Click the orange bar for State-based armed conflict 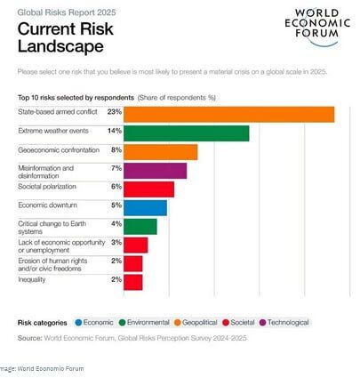pyautogui.click(x=229, y=115)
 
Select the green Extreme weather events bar pyautogui.click(x=187, y=133)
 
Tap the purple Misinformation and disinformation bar pyautogui.click(x=156, y=171)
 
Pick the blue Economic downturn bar pyautogui.click(x=145, y=208)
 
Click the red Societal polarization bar pyautogui.click(x=149, y=189)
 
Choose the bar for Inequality pyautogui.click(x=133, y=282)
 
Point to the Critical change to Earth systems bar pyautogui.click(x=140, y=227)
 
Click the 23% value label pyautogui.click(x=115, y=112)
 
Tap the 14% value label pyautogui.click(x=115, y=131)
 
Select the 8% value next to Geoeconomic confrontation pyautogui.click(x=116, y=149)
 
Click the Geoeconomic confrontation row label pyautogui.click(x=59, y=150)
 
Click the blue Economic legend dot pyautogui.click(x=78, y=322)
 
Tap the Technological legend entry pyautogui.click(x=284, y=322)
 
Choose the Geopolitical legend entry pyautogui.click(x=196, y=322)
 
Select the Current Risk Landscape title pyautogui.click(x=66, y=37)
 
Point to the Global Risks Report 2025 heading pyautogui.click(x=67, y=12)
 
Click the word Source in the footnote pyautogui.click(x=30, y=338)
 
